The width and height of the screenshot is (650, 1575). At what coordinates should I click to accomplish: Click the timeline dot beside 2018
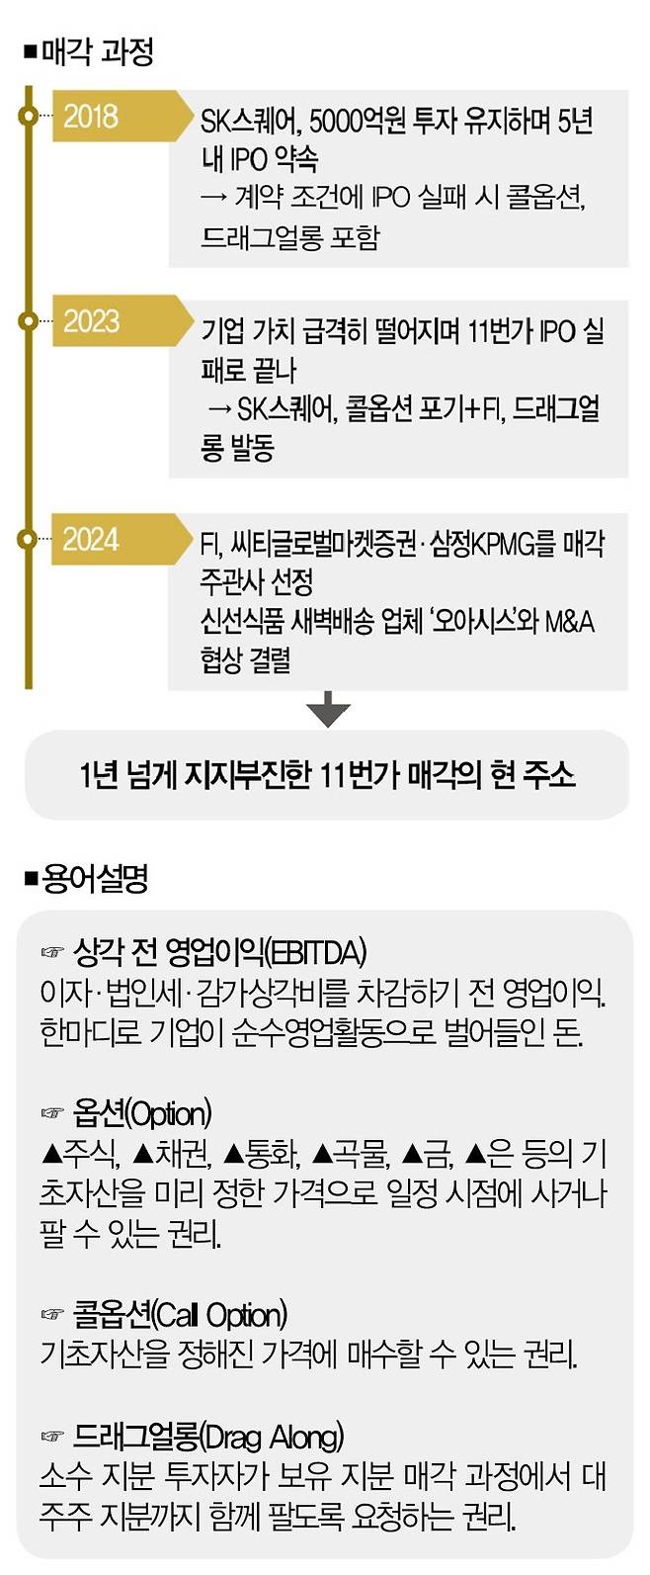(x=28, y=117)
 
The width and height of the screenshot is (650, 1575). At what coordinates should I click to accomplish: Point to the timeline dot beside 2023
(x=28, y=321)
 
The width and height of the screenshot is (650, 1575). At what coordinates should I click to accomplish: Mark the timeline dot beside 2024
(x=28, y=539)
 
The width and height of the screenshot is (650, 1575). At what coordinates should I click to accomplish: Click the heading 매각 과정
(x=97, y=51)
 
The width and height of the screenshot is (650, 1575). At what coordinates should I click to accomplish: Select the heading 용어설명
(x=95, y=878)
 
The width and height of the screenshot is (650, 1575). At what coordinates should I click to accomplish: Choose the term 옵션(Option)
(x=142, y=1114)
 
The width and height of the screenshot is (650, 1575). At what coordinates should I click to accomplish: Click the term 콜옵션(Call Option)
(x=180, y=1315)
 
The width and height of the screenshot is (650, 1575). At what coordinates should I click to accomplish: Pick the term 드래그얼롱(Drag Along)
(x=208, y=1436)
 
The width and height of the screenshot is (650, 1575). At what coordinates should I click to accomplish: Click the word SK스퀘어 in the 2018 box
(x=250, y=122)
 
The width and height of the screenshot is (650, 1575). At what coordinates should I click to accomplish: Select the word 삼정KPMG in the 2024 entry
(x=483, y=544)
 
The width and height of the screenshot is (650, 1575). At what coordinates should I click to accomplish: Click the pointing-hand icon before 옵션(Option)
(x=52, y=1114)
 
